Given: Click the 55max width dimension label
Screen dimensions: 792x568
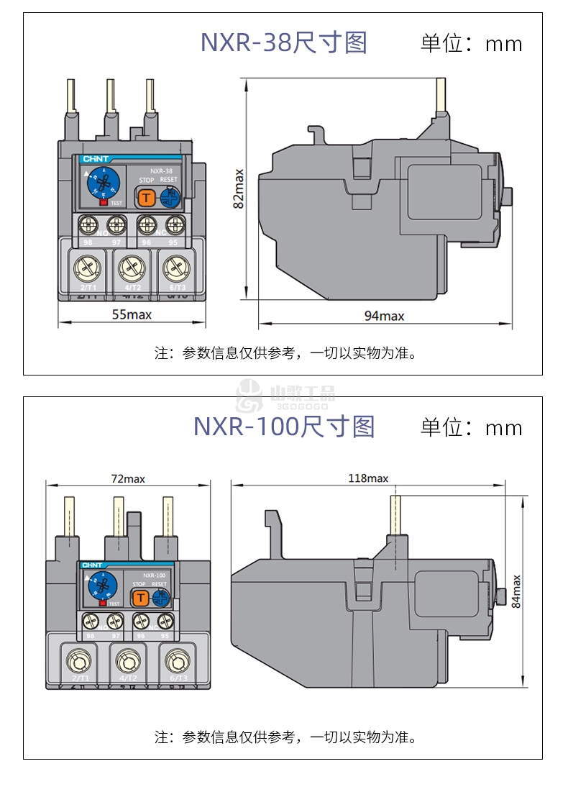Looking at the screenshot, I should click(x=132, y=314).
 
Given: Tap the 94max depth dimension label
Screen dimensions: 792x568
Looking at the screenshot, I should click(x=384, y=316).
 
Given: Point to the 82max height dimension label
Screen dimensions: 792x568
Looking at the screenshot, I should click(x=239, y=188).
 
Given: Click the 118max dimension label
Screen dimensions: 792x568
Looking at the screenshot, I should click(x=368, y=478).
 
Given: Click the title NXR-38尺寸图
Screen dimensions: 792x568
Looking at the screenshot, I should click(x=283, y=43).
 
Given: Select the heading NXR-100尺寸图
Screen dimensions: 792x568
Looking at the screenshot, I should click(x=284, y=427).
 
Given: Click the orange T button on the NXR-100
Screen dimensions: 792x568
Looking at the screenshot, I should click(x=139, y=597).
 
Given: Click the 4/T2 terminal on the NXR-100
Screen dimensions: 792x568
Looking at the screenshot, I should click(x=127, y=661).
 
